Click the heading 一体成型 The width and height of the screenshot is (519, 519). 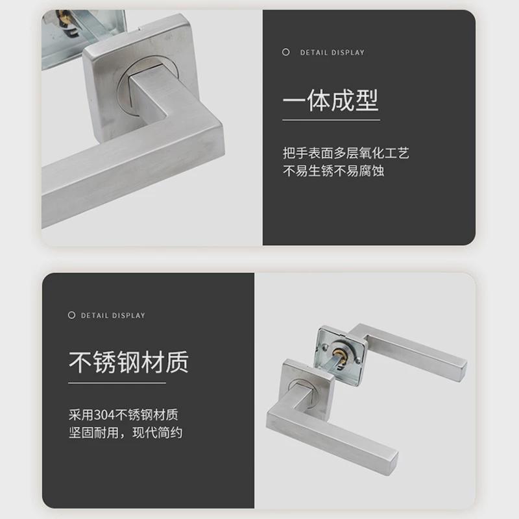tap(330, 101)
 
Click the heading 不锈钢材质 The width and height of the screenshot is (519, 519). tap(128, 362)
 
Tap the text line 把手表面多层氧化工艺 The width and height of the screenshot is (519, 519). tap(346, 154)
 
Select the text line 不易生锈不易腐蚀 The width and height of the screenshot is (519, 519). tap(333, 172)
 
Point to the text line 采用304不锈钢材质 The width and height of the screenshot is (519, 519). tap(123, 414)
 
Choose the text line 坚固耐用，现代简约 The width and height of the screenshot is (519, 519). tap(125, 432)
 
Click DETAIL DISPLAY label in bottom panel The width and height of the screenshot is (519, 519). tap(113, 316)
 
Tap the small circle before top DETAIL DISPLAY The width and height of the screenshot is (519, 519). tap(286, 53)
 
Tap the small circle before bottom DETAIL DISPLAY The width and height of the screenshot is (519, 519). tap(71, 315)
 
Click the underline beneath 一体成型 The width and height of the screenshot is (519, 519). tap(330, 119)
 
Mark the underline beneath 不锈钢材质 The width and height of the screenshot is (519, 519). tap(117, 383)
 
